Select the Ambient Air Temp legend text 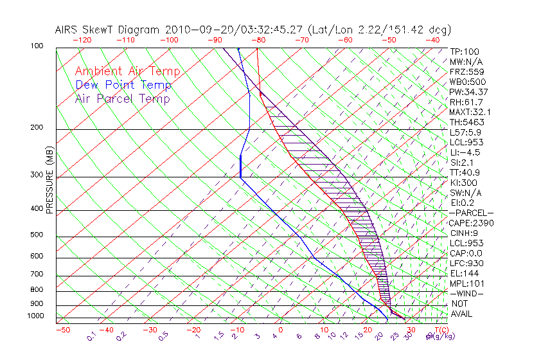pyautogui.click(x=127, y=71)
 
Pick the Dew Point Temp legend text pyautogui.click(x=123, y=85)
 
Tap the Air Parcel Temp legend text pyautogui.click(x=122, y=98)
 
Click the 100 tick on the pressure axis pyautogui.click(x=37, y=46)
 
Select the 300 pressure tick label pyautogui.click(x=37, y=175)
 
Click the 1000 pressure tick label pyautogui.click(x=35, y=316)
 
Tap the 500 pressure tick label pyautogui.click(x=37, y=235)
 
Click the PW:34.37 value pyautogui.click(x=469, y=92)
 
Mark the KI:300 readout pyautogui.click(x=463, y=183)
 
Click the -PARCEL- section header pyautogui.click(x=472, y=213)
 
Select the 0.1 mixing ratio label pyautogui.click(x=93, y=336)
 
